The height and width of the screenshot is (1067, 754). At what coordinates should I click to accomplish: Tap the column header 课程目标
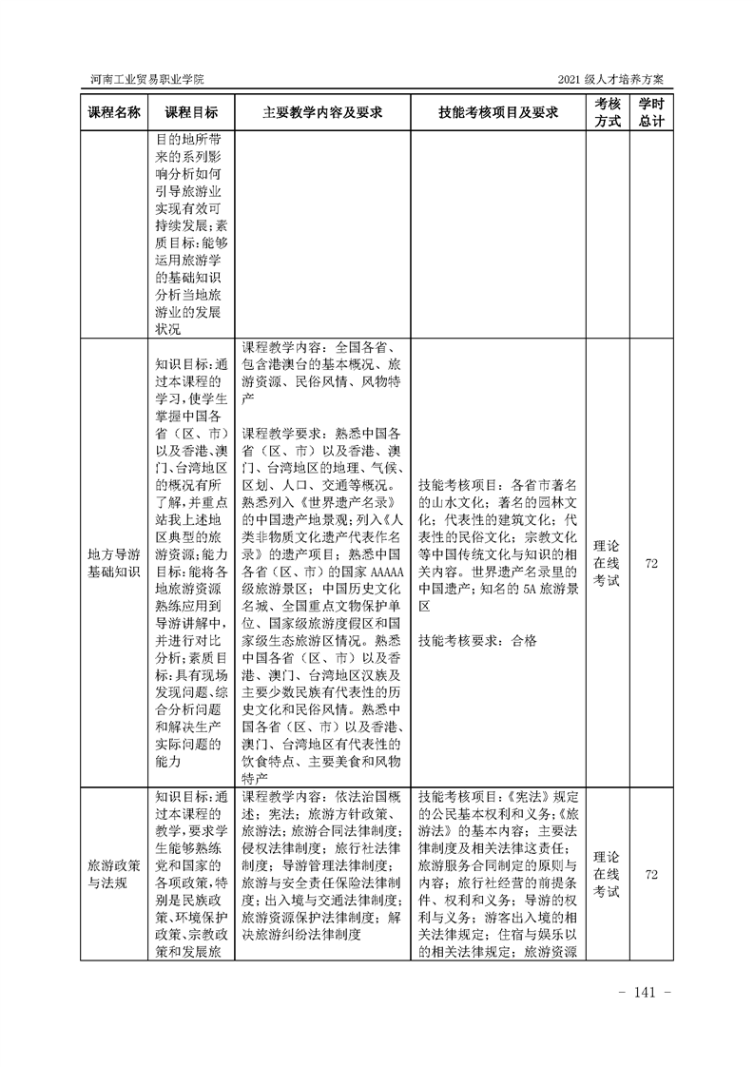coord(191,111)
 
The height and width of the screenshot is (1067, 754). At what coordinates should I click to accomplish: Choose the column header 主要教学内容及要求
coord(322,111)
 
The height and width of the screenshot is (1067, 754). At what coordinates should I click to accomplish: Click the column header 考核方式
coord(608,111)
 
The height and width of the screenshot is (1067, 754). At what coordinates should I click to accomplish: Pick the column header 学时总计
coord(651,111)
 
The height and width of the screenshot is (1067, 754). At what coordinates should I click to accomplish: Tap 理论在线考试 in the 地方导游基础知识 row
coord(608,563)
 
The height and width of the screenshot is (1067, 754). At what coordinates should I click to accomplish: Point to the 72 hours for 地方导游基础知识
coord(651,563)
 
